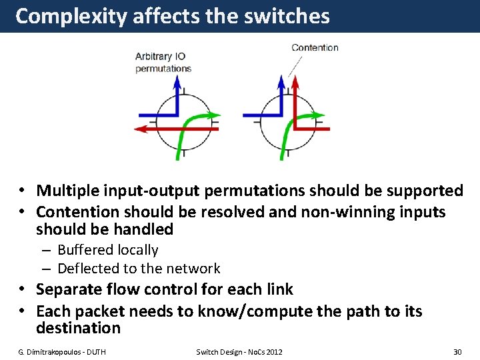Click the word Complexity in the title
tap(71, 16)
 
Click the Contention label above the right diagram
tap(315, 47)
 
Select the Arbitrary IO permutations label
tap(163, 63)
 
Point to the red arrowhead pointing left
tap(141, 129)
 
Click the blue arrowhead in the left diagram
tap(177, 81)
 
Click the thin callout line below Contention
tap(295, 65)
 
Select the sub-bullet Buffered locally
tap(107, 250)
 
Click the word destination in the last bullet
tap(78, 328)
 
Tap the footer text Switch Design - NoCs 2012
tap(239, 351)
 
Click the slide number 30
tap(457, 351)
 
